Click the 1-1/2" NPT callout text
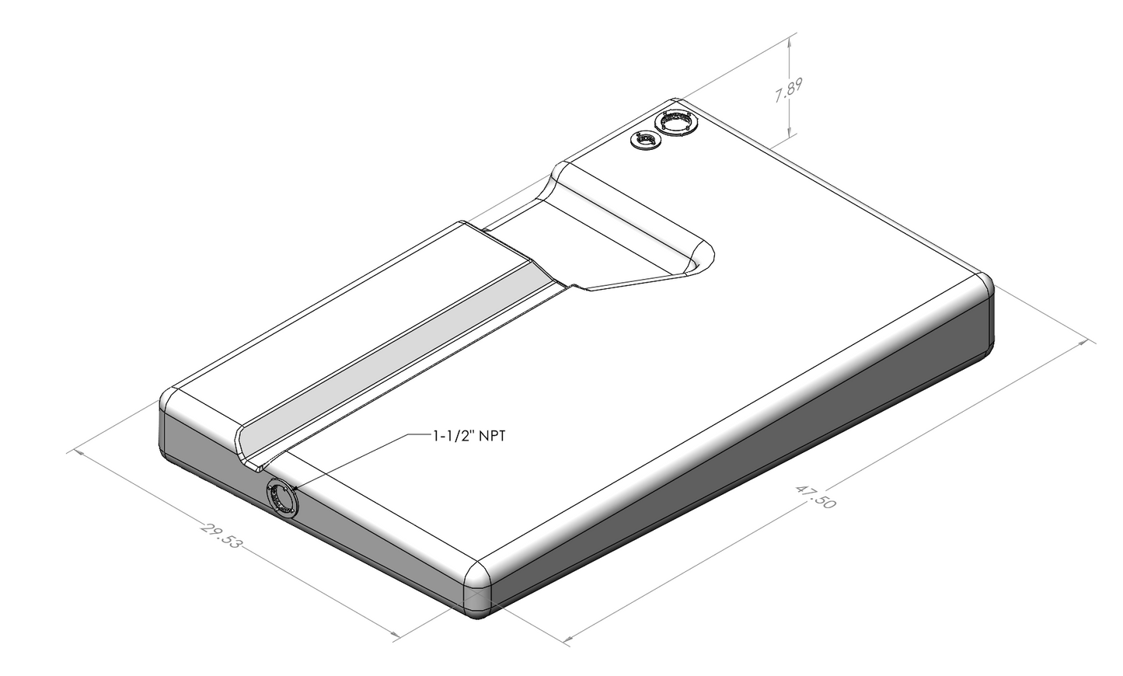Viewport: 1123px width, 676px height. pyautogui.click(x=469, y=437)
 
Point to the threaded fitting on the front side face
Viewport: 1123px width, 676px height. pyautogui.click(x=282, y=497)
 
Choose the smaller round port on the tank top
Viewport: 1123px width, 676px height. pyautogui.click(x=644, y=141)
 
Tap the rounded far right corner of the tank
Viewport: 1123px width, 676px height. pyautogui.click(x=983, y=286)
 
